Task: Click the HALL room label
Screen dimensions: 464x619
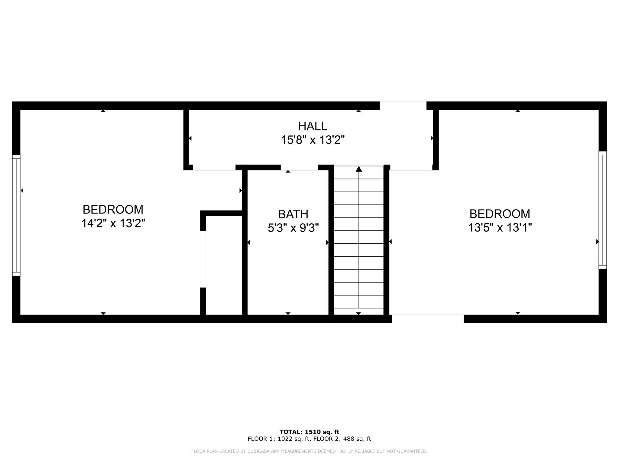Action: point(313,126)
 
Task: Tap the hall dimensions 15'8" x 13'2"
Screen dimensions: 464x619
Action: point(313,140)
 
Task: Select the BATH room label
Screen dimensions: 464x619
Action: point(293,214)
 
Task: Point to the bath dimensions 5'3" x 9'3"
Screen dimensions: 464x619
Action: point(293,228)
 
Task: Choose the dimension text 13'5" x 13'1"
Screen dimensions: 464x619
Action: point(500,227)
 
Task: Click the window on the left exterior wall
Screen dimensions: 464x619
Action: point(16,215)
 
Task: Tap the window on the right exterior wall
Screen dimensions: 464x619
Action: point(602,210)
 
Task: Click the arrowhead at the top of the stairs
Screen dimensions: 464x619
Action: point(359,169)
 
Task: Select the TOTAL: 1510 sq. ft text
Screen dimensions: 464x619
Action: point(309,432)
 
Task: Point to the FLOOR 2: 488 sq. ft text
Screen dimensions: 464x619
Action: point(342,439)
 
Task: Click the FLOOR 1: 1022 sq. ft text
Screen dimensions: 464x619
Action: point(279,439)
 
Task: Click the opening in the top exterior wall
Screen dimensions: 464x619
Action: point(403,106)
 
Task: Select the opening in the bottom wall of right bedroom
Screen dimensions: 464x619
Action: point(427,319)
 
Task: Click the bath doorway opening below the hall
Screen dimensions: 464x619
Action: point(299,168)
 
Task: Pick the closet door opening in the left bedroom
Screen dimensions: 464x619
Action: point(203,259)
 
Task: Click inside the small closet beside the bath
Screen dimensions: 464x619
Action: point(224,266)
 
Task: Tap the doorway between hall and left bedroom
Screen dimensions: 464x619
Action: point(214,168)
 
